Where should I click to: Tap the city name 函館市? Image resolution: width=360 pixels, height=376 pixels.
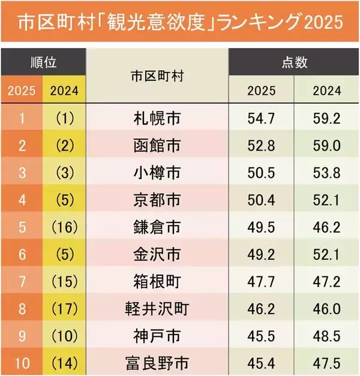157,145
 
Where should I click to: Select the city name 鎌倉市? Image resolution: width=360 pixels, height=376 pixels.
157,227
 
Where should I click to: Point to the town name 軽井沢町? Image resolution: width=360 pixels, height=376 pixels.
157,308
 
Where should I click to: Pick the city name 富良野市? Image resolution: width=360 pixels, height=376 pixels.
157,362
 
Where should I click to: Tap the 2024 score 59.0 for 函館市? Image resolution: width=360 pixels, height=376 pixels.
326,145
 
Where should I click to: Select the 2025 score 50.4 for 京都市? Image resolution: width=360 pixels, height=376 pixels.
261,200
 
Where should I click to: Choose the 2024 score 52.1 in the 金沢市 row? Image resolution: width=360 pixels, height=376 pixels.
326,254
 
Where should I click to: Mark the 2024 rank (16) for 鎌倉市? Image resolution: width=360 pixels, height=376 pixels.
64,227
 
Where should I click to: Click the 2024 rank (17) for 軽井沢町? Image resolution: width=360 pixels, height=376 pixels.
64,308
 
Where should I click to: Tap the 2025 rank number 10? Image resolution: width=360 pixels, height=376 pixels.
21,362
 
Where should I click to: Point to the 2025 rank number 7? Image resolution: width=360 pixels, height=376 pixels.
21,281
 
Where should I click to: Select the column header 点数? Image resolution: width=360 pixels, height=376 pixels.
293,63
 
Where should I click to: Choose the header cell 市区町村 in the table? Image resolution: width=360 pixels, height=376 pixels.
157,77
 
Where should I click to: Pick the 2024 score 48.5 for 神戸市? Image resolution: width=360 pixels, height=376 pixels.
326,335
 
